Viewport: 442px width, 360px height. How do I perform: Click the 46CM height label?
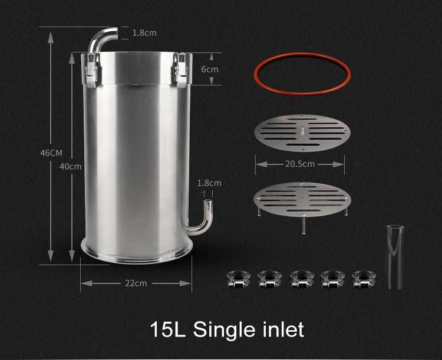51,153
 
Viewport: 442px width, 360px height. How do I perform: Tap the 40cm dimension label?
71,166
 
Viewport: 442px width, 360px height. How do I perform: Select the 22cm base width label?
136,283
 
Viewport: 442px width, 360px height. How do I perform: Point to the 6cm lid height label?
210,69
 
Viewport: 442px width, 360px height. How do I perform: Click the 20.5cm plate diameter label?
299,164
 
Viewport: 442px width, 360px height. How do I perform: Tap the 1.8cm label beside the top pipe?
144,33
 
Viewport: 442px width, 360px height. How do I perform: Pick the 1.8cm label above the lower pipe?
209,183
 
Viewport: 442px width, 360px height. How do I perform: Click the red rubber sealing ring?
299,74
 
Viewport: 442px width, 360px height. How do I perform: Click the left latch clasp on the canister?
91,70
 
